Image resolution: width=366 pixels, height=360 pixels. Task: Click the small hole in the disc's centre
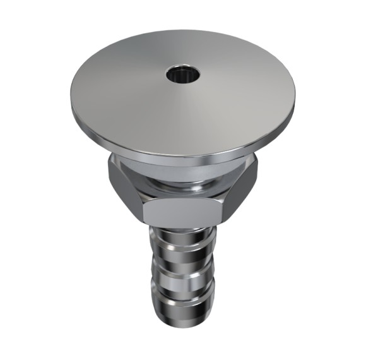pyautogui.click(x=184, y=75)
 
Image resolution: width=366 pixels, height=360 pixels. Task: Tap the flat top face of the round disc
pyautogui.click(x=139, y=101)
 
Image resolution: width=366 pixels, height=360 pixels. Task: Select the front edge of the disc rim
pyautogui.click(x=183, y=153)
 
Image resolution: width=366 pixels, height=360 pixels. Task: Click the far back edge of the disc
pyautogui.click(x=183, y=31)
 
